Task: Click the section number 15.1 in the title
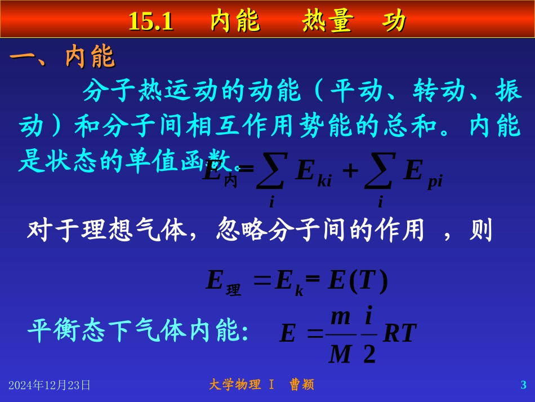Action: [x=151, y=21]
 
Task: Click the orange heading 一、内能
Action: [x=63, y=57]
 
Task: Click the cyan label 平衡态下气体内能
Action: [x=138, y=332]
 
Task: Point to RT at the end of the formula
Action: [x=399, y=334]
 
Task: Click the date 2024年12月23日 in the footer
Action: [x=50, y=385]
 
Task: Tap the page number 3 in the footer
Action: [x=523, y=385]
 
